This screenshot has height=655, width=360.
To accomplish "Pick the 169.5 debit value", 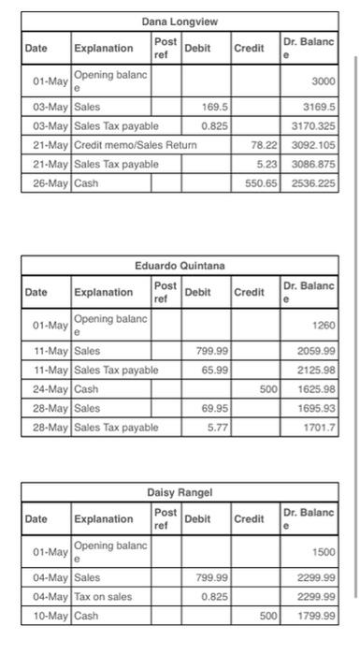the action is tap(215, 108).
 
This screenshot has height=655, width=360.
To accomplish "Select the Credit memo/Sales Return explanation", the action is tap(136, 146).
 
